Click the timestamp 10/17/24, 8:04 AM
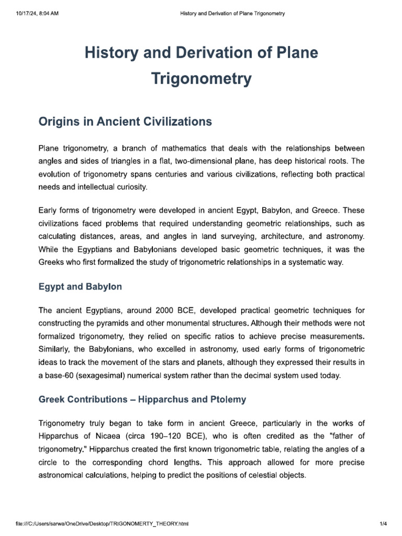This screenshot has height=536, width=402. click(x=37, y=13)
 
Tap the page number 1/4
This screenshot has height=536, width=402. click(x=383, y=523)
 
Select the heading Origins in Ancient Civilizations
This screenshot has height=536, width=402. click(x=125, y=122)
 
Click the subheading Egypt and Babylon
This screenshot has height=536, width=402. click(x=80, y=287)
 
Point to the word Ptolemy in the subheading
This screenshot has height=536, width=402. click(x=228, y=399)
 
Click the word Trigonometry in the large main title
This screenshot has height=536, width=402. click(x=201, y=79)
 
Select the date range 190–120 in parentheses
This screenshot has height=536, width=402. click(x=156, y=435)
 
